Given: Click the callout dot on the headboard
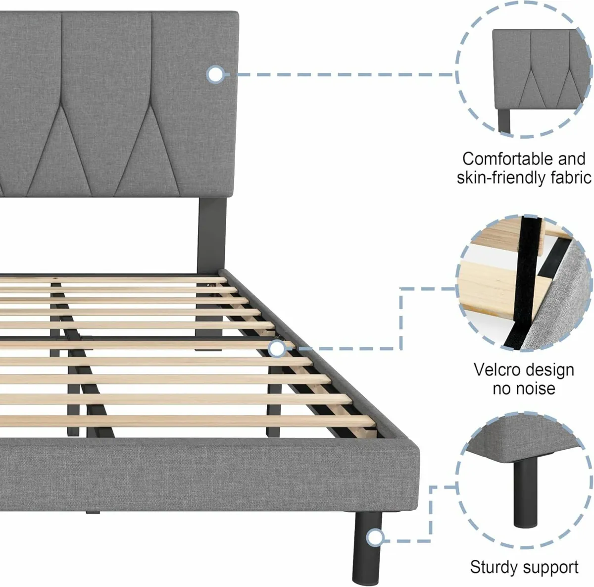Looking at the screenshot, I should [x=215, y=75].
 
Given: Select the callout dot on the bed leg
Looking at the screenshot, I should [x=376, y=537].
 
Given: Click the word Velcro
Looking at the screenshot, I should [x=496, y=370].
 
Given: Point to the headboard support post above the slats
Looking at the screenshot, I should [x=208, y=233].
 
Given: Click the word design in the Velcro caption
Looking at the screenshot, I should [x=549, y=370].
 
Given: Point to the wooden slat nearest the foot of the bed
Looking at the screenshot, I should [x=198, y=421].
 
